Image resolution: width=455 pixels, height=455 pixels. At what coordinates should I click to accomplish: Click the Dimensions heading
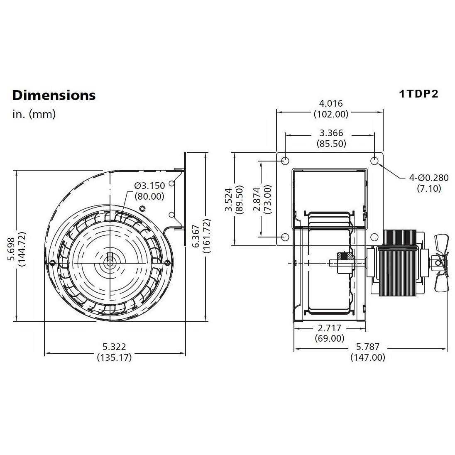54,95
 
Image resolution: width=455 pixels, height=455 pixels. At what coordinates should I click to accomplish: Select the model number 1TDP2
418,93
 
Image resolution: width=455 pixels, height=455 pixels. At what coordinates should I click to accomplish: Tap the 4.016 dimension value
331,103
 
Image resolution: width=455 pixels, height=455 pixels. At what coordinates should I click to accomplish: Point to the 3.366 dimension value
331,133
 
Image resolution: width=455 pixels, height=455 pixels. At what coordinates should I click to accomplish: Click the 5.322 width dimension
114,346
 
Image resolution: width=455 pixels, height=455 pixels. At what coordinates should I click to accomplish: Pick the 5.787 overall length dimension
367,347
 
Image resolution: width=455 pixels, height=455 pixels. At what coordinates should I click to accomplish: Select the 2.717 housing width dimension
330,328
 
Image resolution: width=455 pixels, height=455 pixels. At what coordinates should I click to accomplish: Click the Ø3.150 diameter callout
149,186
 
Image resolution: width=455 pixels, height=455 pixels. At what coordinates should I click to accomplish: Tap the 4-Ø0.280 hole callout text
429,178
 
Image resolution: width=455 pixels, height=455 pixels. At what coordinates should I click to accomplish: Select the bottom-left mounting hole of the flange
285,237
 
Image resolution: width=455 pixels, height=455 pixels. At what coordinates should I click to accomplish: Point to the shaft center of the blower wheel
110,262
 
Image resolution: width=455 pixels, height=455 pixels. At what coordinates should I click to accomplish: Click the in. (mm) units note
34,114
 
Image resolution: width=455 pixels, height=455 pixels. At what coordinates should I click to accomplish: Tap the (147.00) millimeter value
367,357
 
